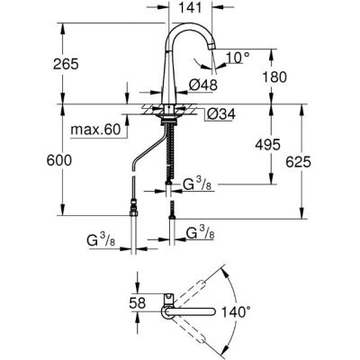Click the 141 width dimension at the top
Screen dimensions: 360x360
[190, 8]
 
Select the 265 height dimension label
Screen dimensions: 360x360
[66, 64]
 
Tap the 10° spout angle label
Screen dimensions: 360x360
[238, 58]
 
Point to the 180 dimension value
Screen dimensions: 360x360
[274, 77]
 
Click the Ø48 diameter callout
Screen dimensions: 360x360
[202, 85]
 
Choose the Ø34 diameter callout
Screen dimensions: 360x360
[221, 114]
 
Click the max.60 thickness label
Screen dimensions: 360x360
[95, 130]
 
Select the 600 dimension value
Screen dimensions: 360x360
[59, 160]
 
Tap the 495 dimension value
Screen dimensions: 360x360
[267, 145]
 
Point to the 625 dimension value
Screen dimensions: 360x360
[298, 162]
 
